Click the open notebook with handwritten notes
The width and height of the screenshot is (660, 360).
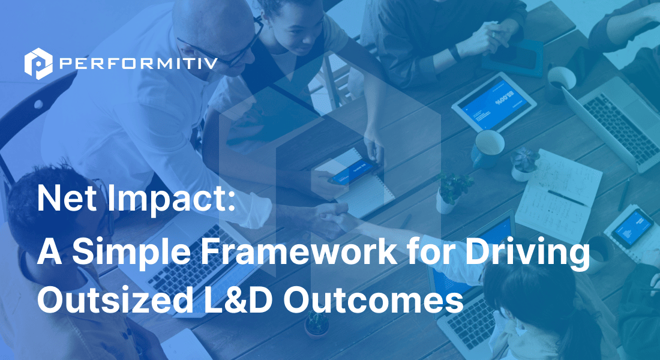pyautogui.click(x=558, y=192)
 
